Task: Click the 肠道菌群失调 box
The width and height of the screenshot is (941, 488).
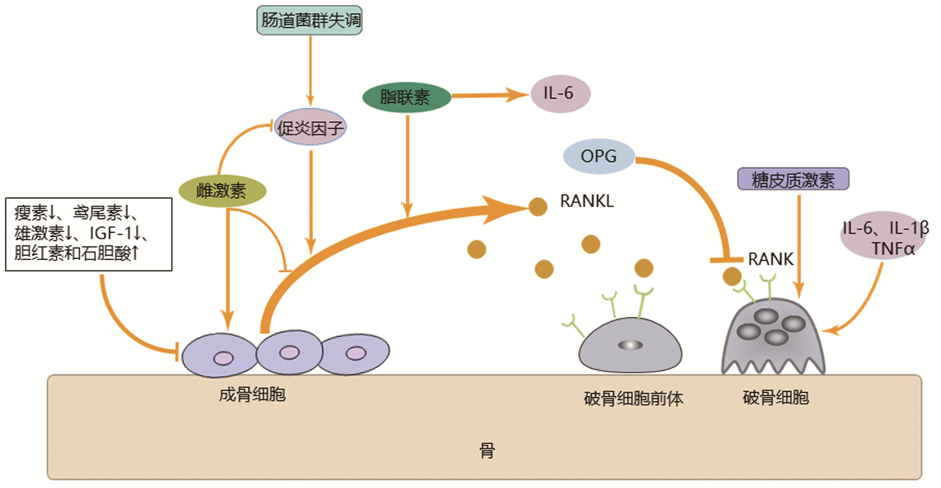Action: point(310,20)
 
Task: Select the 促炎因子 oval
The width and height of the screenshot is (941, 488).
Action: point(311,128)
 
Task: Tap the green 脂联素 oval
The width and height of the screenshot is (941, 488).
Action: point(406,97)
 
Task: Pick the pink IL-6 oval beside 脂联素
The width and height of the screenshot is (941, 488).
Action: point(560,93)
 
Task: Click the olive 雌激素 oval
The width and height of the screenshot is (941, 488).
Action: point(222,191)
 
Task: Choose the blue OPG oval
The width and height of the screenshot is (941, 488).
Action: point(599,156)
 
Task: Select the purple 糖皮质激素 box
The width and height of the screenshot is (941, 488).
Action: point(793,179)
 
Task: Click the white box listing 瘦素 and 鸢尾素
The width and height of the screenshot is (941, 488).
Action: point(89,234)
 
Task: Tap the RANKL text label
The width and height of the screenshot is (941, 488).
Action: point(586,201)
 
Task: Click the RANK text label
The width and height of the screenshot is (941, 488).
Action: point(770,259)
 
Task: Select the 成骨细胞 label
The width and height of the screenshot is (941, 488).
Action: point(252,395)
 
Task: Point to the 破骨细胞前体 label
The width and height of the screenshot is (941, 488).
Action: point(633,398)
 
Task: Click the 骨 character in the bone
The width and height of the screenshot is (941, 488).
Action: point(487,451)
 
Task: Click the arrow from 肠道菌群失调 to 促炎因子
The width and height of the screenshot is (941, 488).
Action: point(311,70)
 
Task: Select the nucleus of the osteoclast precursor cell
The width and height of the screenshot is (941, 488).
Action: point(630,345)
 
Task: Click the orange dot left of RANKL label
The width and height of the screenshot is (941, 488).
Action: point(538,207)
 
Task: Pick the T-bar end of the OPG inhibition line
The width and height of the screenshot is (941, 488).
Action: point(726,260)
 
